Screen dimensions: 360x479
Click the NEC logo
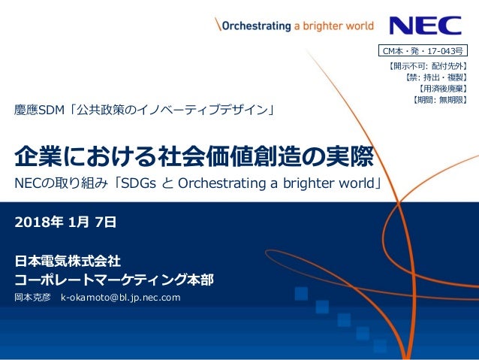pos(425,25)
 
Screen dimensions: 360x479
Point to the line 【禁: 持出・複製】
pos(435,77)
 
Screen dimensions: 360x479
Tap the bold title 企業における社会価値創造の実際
pos(194,158)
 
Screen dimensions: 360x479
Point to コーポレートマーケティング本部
pos(114,280)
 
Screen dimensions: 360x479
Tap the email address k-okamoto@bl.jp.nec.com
pos(120,299)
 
